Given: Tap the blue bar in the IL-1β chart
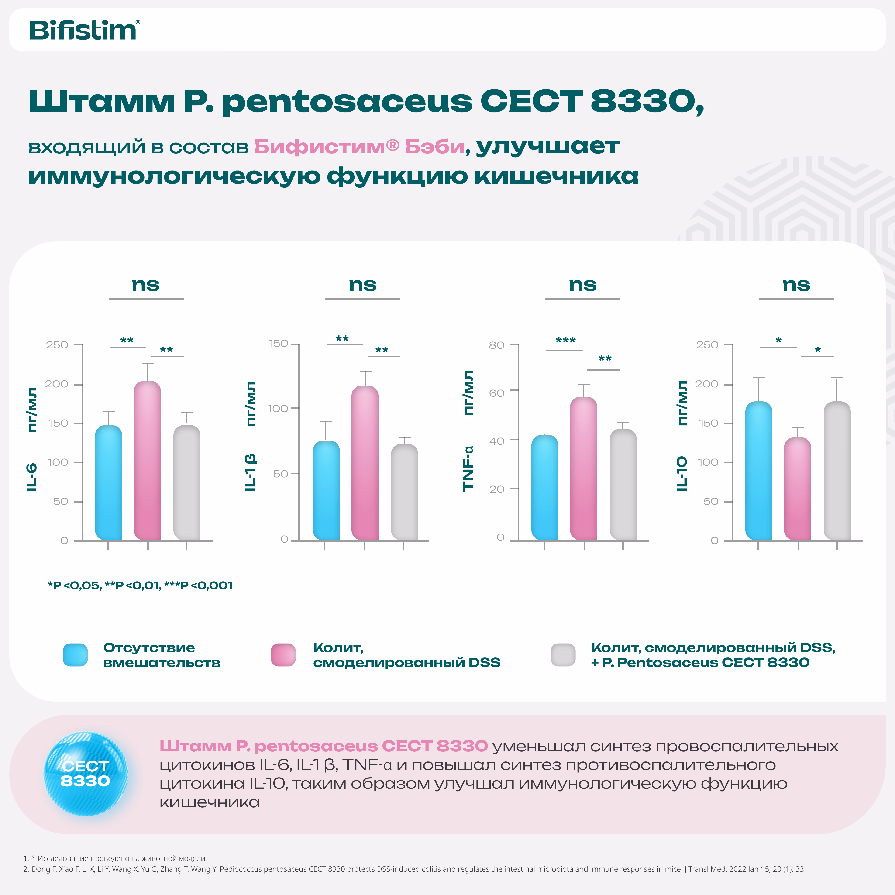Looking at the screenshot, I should point(326,491).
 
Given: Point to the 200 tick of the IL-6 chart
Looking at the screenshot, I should point(56,384).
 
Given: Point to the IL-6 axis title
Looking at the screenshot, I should point(31,477).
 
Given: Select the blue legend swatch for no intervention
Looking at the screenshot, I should point(75,654).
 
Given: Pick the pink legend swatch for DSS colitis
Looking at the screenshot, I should point(283,654).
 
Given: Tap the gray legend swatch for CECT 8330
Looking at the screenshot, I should point(563,654).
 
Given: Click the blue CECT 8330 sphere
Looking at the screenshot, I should point(86,774).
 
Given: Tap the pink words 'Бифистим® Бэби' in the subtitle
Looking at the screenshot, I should point(359,147).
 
